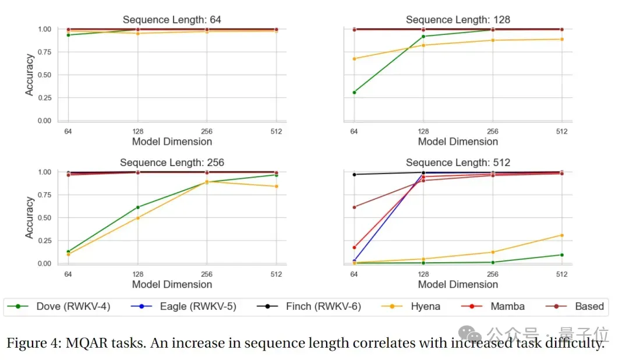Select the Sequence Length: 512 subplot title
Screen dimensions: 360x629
click(458, 163)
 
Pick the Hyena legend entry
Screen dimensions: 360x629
click(425, 306)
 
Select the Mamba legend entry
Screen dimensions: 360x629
click(507, 306)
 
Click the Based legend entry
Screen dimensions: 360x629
click(589, 306)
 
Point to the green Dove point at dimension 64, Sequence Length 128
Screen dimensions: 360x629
click(354, 92)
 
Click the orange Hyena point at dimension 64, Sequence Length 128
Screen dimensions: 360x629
click(354, 59)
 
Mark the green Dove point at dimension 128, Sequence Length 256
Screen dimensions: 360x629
click(137, 207)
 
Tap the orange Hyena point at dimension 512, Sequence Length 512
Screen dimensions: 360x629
click(561, 235)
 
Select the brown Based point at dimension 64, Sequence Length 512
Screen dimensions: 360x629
click(354, 207)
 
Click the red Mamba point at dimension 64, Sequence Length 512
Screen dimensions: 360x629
click(354, 248)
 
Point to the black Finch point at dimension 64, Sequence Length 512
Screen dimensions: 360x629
click(354, 174)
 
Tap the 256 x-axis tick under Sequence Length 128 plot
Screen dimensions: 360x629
click(492, 132)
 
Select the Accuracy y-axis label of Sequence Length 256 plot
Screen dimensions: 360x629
click(30, 217)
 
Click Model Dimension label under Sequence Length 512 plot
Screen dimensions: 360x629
click(458, 284)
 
